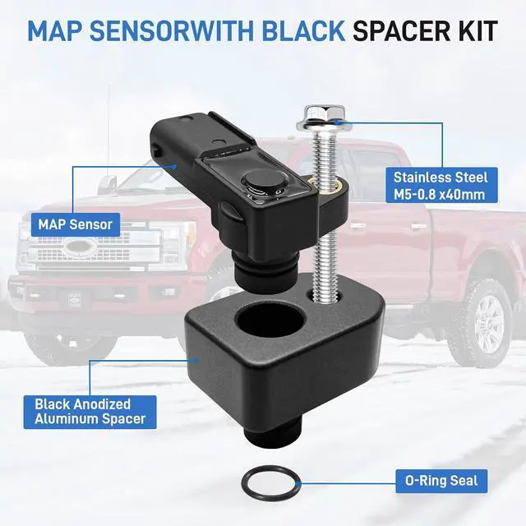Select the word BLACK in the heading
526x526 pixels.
point(304,31)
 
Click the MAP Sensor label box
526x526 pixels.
point(76,224)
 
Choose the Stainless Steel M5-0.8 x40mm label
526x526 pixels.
point(441,186)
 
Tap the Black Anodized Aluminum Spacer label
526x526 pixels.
point(90,412)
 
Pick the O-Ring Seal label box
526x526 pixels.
point(441,481)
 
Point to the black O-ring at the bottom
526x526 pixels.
point(270,482)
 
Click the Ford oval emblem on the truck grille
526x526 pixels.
point(81,247)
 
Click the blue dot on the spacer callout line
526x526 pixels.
point(196,361)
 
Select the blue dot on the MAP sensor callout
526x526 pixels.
point(173,166)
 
